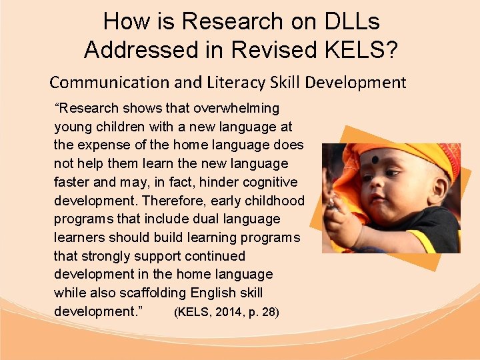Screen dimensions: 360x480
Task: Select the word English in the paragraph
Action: pyautogui.click(x=213, y=293)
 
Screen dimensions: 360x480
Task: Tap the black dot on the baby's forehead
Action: pyautogui.click(x=375, y=160)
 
